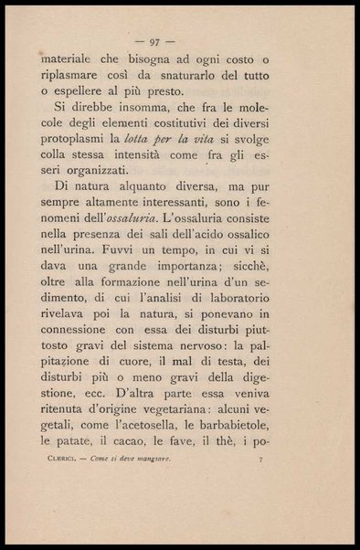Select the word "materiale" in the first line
pyautogui.click(x=70, y=58)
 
